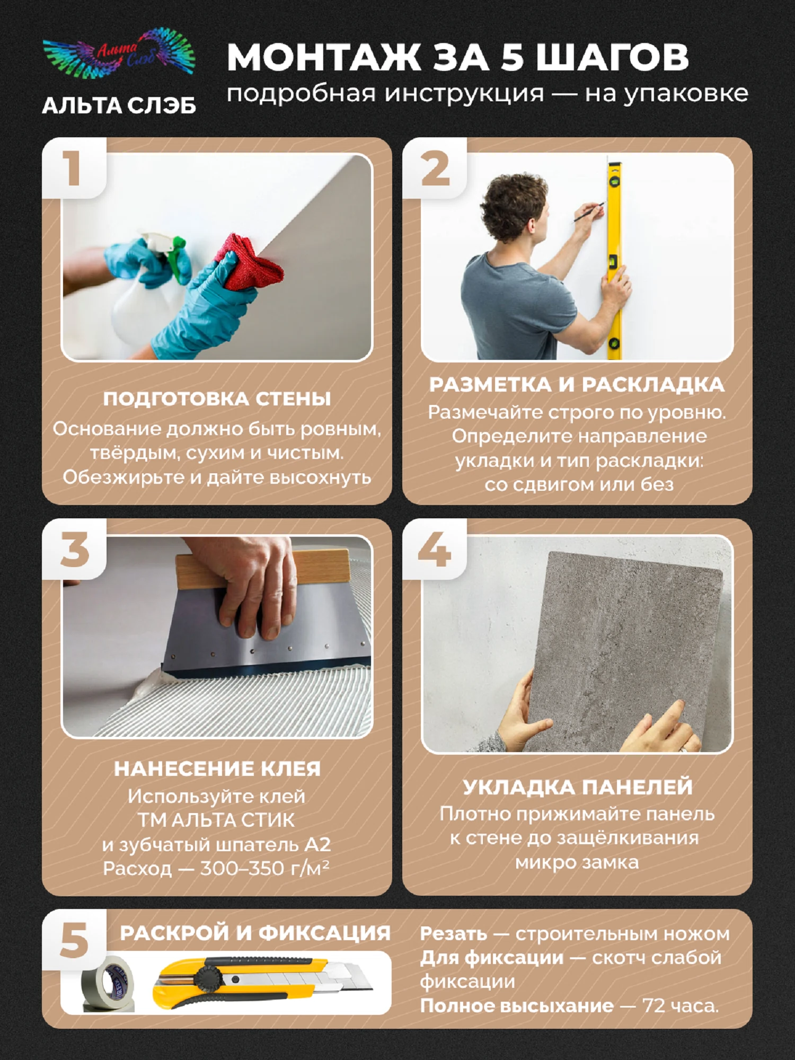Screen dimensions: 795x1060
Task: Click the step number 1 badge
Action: (74, 168)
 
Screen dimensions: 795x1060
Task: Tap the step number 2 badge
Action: (435, 168)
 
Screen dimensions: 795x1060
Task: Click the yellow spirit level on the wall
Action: (615, 260)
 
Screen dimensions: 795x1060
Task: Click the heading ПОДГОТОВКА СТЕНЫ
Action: (217, 399)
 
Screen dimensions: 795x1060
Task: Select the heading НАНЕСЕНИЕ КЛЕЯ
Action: (217, 769)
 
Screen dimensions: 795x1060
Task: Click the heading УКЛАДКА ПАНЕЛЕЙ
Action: (578, 787)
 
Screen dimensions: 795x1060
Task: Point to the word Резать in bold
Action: (453, 934)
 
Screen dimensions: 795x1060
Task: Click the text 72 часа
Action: (681, 1005)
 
